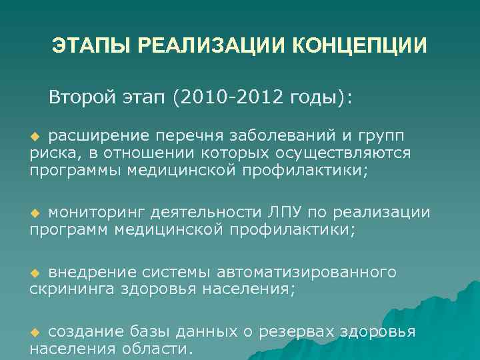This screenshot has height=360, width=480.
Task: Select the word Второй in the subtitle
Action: tap(83, 99)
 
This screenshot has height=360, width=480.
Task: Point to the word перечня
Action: tap(188, 137)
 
